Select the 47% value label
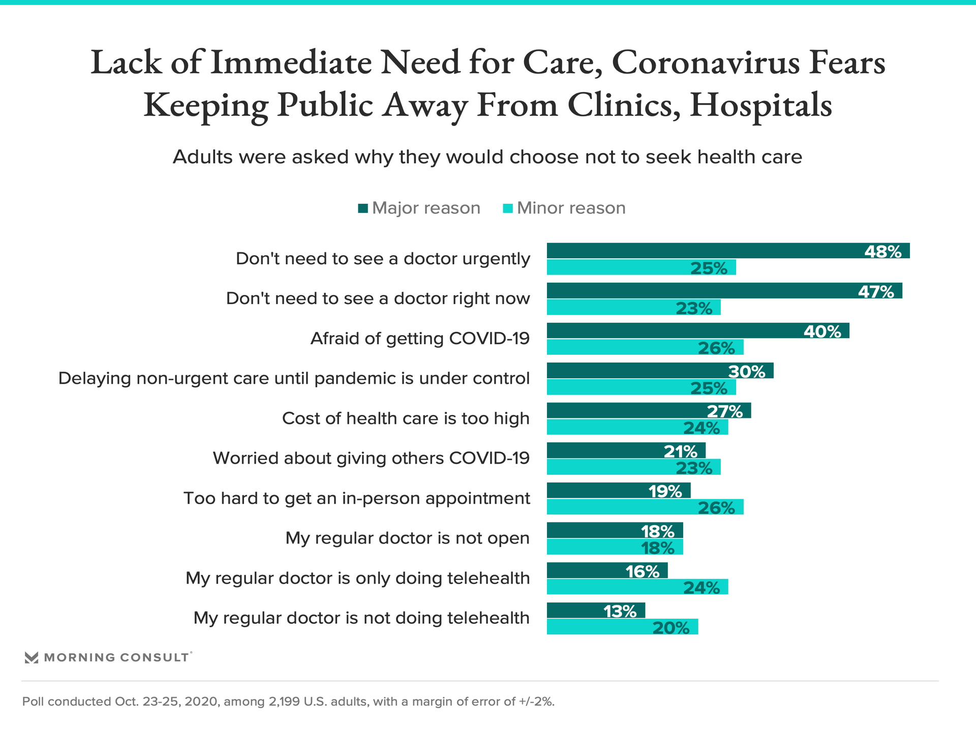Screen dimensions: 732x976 (876, 292)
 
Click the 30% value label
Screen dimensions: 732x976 (746, 372)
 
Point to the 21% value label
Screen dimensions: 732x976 (680, 451)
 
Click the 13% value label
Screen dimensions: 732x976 (620, 611)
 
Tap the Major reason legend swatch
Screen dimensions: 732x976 (363, 208)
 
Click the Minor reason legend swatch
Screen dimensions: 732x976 (507, 208)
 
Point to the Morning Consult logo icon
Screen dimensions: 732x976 (32, 657)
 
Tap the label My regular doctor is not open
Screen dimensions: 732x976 (407, 538)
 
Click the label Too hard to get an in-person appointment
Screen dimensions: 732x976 (356, 498)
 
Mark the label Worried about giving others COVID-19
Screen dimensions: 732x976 (371, 458)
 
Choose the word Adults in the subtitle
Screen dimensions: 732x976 (202, 157)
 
